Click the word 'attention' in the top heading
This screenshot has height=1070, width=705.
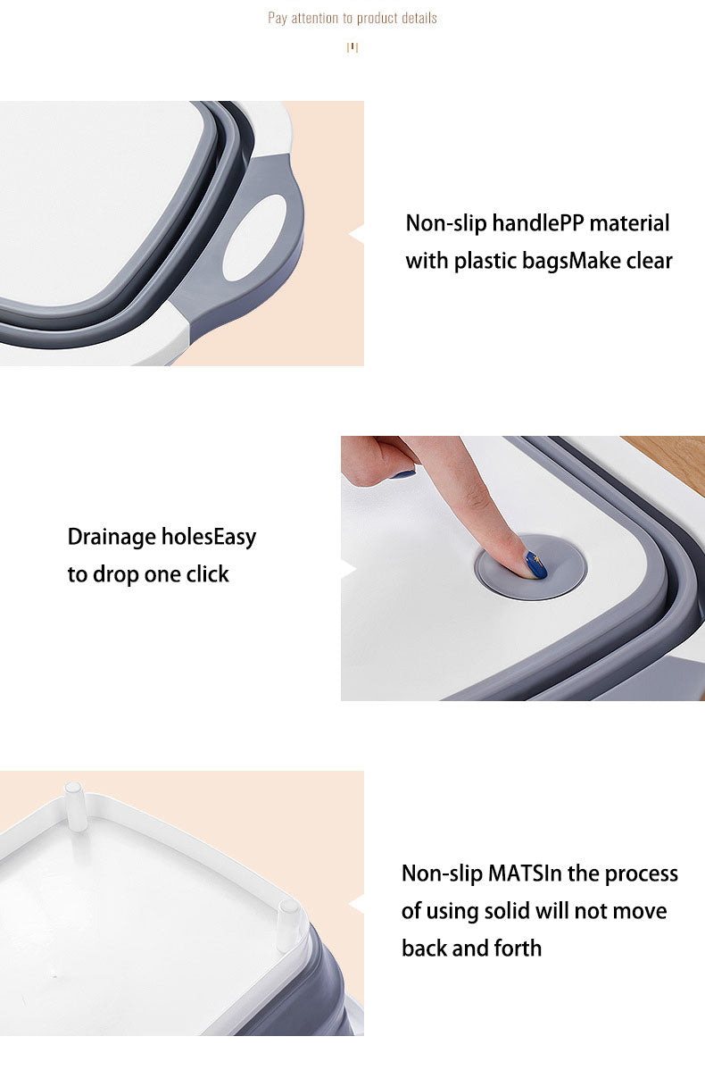pyautogui.click(x=314, y=18)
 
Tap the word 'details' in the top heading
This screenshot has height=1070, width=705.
pyautogui.click(x=417, y=18)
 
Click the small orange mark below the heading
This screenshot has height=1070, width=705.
pyautogui.click(x=352, y=47)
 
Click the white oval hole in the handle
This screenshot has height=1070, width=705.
pyautogui.click(x=255, y=238)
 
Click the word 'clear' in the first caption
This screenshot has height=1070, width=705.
pyautogui.click(x=650, y=261)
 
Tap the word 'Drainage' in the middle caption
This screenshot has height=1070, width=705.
pyautogui.click(x=112, y=537)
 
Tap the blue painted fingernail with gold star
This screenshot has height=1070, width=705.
pyautogui.click(x=536, y=565)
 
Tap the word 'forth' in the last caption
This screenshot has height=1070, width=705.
pyautogui.click(x=517, y=948)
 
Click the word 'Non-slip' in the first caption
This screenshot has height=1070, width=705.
pyautogui.click(x=445, y=224)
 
